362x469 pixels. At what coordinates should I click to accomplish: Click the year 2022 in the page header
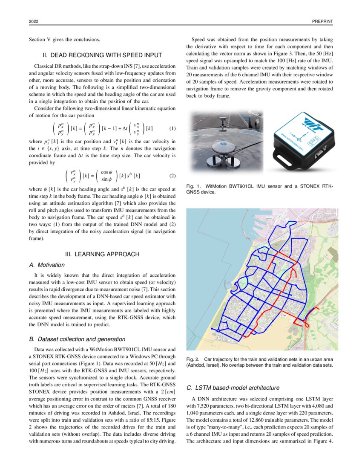point(34,21)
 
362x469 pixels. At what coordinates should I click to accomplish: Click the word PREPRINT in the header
point(322,21)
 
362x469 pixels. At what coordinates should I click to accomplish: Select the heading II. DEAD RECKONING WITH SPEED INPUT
point(102,55)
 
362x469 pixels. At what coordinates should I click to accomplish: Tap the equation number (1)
point(172,128)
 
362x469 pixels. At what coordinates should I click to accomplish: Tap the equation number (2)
point(172,175)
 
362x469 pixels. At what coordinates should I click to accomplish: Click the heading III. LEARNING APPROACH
point(102,254)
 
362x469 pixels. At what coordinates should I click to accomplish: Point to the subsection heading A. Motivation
point(47,265)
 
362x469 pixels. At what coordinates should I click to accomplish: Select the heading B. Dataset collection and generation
point(77,339)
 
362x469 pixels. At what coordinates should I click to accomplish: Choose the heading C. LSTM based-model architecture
point(233,388)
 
